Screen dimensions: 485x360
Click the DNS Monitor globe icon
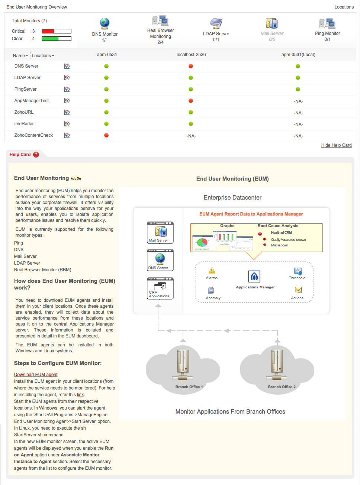[105, 23]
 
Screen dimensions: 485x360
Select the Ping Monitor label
[327, 33]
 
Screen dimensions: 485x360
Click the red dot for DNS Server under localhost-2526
[191, 66]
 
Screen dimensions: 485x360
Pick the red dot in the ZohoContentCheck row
[106, 135]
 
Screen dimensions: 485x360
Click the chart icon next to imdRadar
[67, 124]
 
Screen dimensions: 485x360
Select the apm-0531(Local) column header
[298, 55]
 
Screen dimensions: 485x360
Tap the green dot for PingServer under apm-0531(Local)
[298, 89]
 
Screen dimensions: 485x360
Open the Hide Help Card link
[336, 145]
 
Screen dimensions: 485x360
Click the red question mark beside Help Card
[36, 155]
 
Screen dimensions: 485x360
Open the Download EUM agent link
[36, 375]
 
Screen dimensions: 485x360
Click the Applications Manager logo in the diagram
[254, 277]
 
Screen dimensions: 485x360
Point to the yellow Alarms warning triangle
[212, 271]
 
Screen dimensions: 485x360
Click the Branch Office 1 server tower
[183, 364]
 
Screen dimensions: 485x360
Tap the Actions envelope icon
[298, 290]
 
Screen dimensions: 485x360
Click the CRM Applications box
[160, 288]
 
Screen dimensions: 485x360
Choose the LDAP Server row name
[28, 78]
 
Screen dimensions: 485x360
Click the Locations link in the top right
[344, 7]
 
